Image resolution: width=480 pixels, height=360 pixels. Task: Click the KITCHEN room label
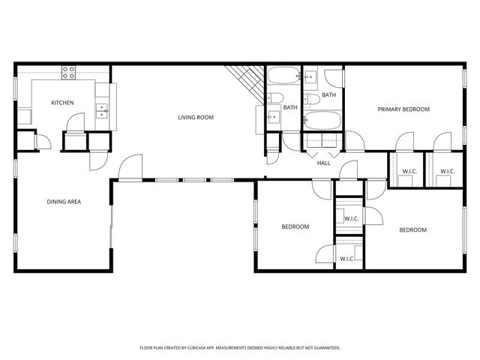(x=61, y=103)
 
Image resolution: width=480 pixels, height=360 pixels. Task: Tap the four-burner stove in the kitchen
(x=69, y=73)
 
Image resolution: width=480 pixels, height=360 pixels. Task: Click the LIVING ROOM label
(x=196, y=117)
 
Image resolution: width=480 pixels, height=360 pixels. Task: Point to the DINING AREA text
(x=64, y=202)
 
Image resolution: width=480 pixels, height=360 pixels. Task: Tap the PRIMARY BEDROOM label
(x=403, y=109)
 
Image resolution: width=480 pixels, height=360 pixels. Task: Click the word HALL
(x=324, y=163)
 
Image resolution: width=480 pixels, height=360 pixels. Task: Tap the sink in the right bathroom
(x=312, y=76)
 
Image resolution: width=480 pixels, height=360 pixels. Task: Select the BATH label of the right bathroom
(x=328, y=95)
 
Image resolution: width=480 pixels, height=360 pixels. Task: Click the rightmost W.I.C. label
(x=447, y=172)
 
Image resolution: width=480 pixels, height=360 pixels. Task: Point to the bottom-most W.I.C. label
(x=346, y=259)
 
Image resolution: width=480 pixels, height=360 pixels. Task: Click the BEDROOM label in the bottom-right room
(x=412, y=230)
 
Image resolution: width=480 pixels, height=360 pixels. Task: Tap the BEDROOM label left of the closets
(x=295, y=226)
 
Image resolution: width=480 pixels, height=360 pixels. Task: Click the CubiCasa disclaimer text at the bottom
(x=240, y=348)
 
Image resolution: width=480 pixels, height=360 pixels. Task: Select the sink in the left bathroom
(x=273, y=116)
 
